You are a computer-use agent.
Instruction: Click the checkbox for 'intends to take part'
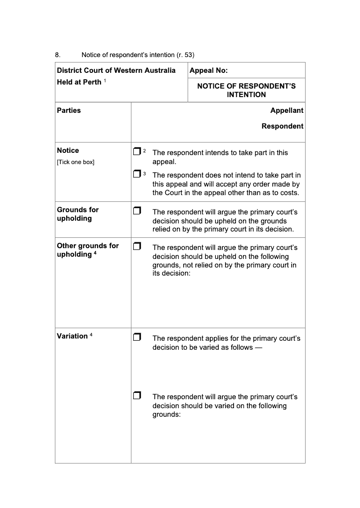137,152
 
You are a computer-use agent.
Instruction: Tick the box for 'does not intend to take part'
137,174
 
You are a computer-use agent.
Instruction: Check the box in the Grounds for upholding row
137,210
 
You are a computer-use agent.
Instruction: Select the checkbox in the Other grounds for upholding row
137,246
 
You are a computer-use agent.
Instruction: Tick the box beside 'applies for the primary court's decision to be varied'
137,337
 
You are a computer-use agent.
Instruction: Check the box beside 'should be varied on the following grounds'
137,396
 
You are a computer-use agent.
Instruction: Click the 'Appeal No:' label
209,71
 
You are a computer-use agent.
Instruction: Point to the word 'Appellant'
287,111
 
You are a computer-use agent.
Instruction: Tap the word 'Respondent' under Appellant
282,126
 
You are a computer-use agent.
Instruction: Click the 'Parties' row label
69,111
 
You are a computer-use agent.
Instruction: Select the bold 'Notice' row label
68,151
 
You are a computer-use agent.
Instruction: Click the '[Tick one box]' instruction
76,162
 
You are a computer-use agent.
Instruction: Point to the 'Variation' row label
72,336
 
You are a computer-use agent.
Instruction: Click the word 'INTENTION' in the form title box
246,95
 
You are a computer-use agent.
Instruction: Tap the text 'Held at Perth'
79,82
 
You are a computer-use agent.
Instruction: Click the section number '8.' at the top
58,55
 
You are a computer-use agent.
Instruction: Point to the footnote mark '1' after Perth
105,80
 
